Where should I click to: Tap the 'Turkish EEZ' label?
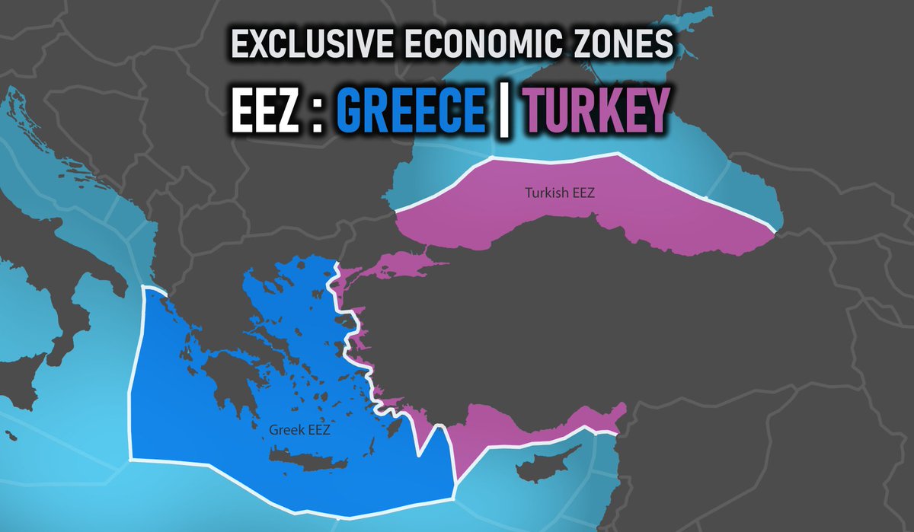point(559,193)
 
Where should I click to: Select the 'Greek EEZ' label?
point(299,430)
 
